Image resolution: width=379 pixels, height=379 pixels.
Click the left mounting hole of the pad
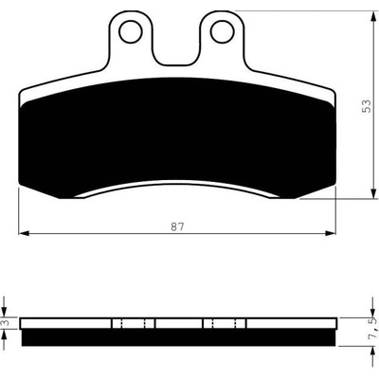(131, 31)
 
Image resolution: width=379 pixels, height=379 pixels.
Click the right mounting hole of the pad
(223, 31)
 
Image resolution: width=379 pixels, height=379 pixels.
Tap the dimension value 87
(177, 226)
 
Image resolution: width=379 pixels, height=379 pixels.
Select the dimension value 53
(367, 106)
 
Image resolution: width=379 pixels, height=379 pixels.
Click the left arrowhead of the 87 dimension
(24, 233)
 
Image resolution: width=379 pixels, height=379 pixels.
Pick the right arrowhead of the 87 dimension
(331, 233)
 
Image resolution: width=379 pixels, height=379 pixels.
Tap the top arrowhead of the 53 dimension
(373, 16)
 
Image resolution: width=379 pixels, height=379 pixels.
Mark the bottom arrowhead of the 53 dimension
(373, 193)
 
